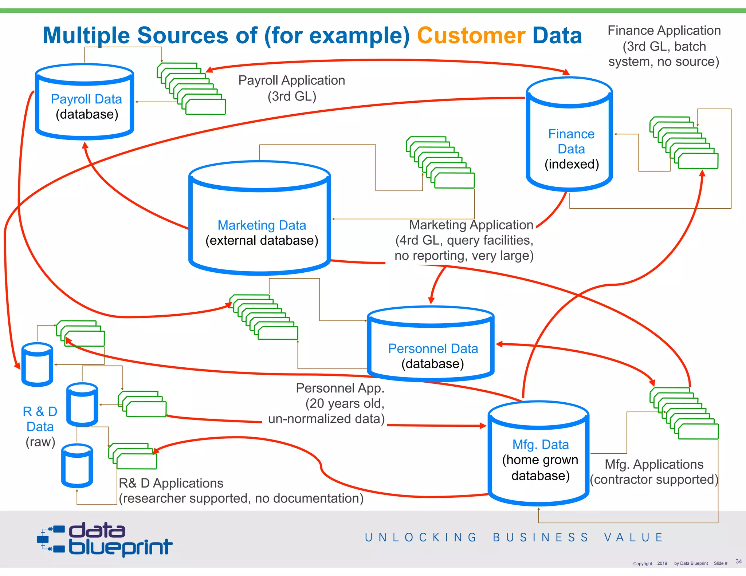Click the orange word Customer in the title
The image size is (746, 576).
point(471,36)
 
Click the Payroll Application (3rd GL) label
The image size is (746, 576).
point(291,88)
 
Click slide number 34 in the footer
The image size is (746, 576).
point(738,561)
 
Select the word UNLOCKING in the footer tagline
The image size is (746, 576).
point(420,537)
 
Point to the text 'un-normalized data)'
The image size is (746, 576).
point(326,419)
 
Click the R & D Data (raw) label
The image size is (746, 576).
point(40,426)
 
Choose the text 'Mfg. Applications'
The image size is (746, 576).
point(654,465)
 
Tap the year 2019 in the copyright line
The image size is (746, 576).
point(662,563)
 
